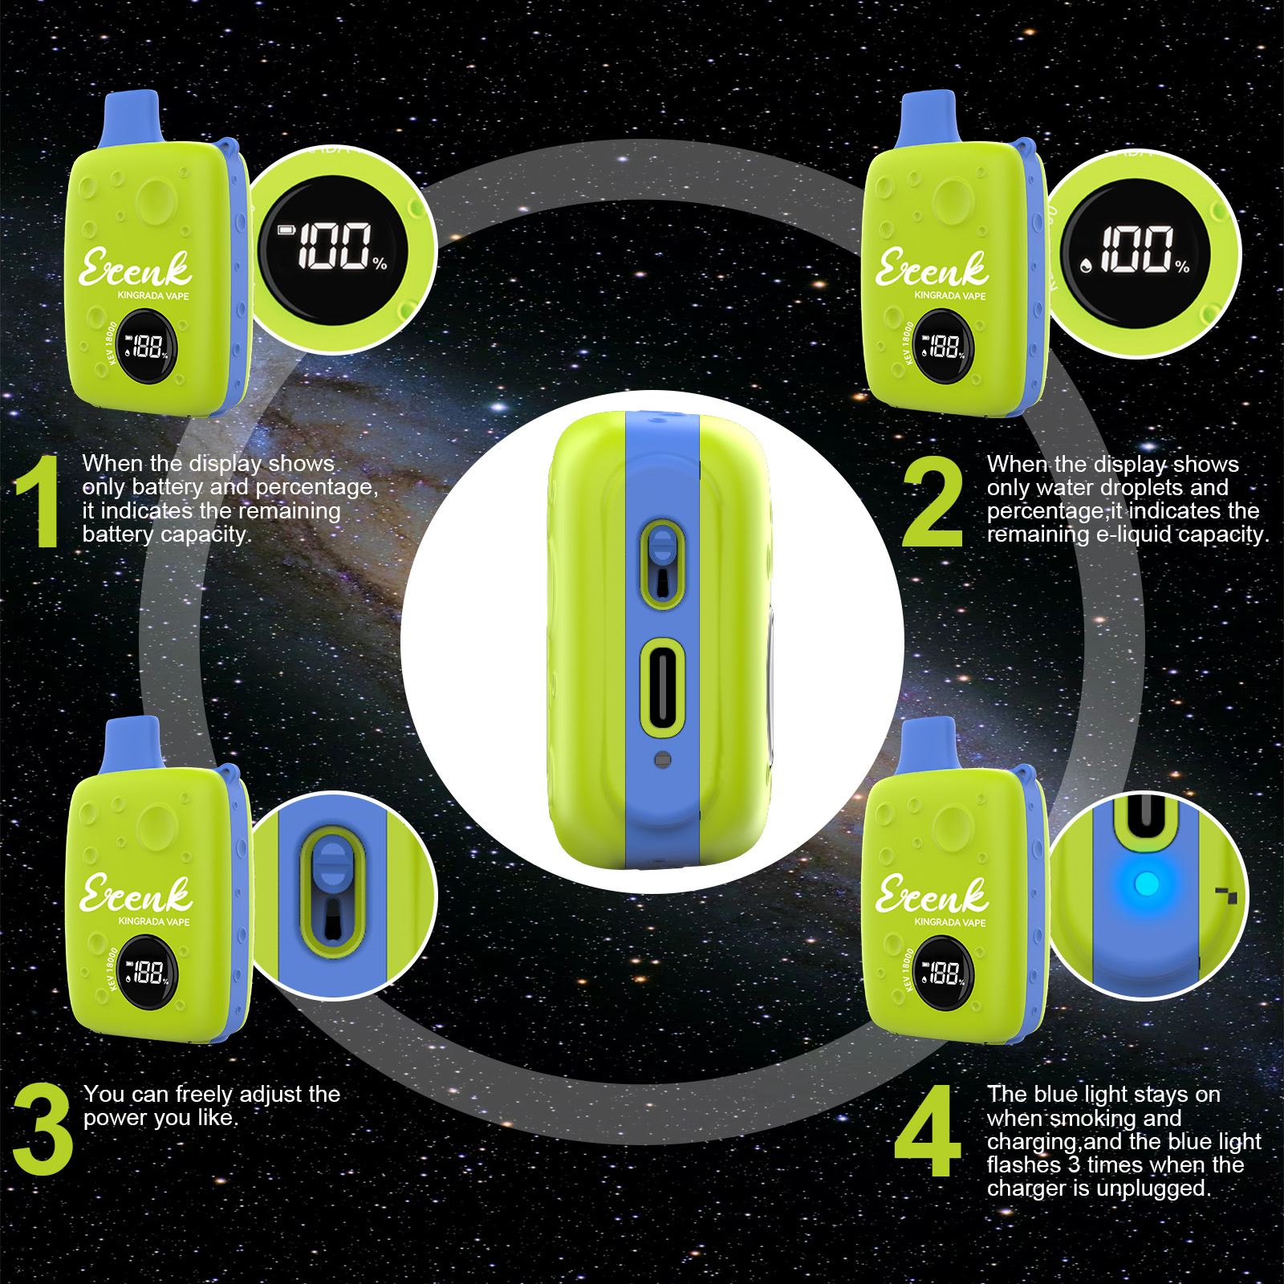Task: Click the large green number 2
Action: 933,501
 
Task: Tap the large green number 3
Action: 43,1128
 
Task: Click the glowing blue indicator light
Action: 1147,884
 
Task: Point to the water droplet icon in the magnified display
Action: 1086,266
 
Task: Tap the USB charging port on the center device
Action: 662,687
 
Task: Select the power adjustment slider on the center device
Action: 662,562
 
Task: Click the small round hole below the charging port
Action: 662,759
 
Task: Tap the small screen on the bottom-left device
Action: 148,973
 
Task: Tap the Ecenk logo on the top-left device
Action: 135,268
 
